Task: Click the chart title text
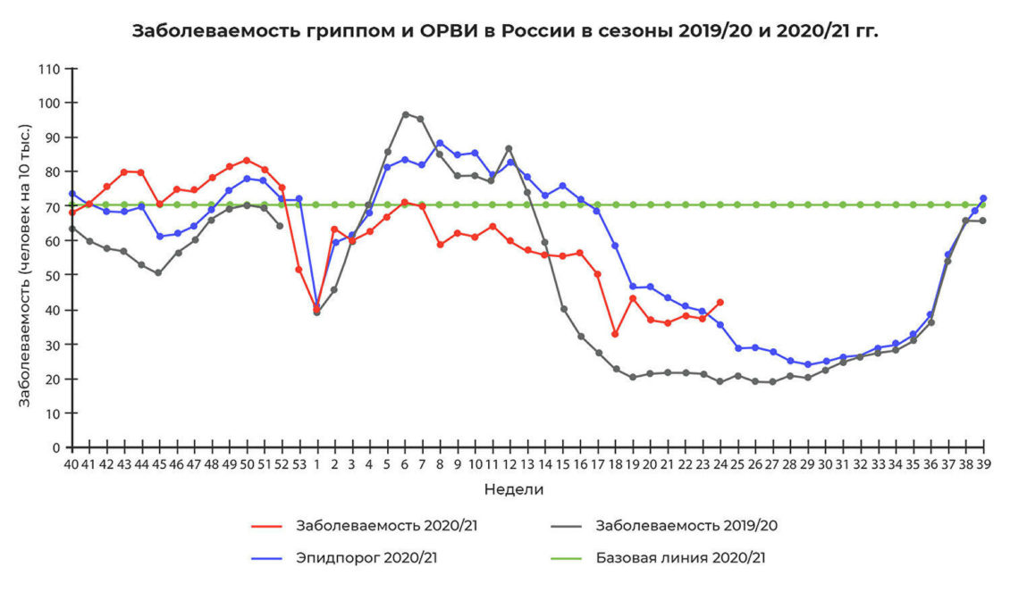[505, 30]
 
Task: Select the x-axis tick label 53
[299, 464]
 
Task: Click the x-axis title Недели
[514, 489]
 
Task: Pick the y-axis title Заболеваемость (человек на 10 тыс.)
[26, 265]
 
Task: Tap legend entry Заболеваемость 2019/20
[686, 525]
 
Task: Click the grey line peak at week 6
[405, 114]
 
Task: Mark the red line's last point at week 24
[720, 302]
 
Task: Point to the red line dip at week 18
[615, 334]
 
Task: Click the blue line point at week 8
[440, 143]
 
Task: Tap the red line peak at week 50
[247, 161]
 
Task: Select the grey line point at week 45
[159, 273]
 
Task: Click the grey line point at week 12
[509, 148]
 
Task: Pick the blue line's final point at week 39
[983, 198]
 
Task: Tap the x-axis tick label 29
[807, 464]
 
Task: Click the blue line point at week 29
[807, 364]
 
